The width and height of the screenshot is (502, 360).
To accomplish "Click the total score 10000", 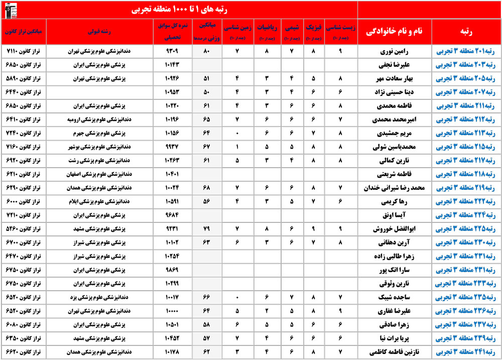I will [x=172, y=310].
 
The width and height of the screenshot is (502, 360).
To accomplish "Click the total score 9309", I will [x=172, y=51].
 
